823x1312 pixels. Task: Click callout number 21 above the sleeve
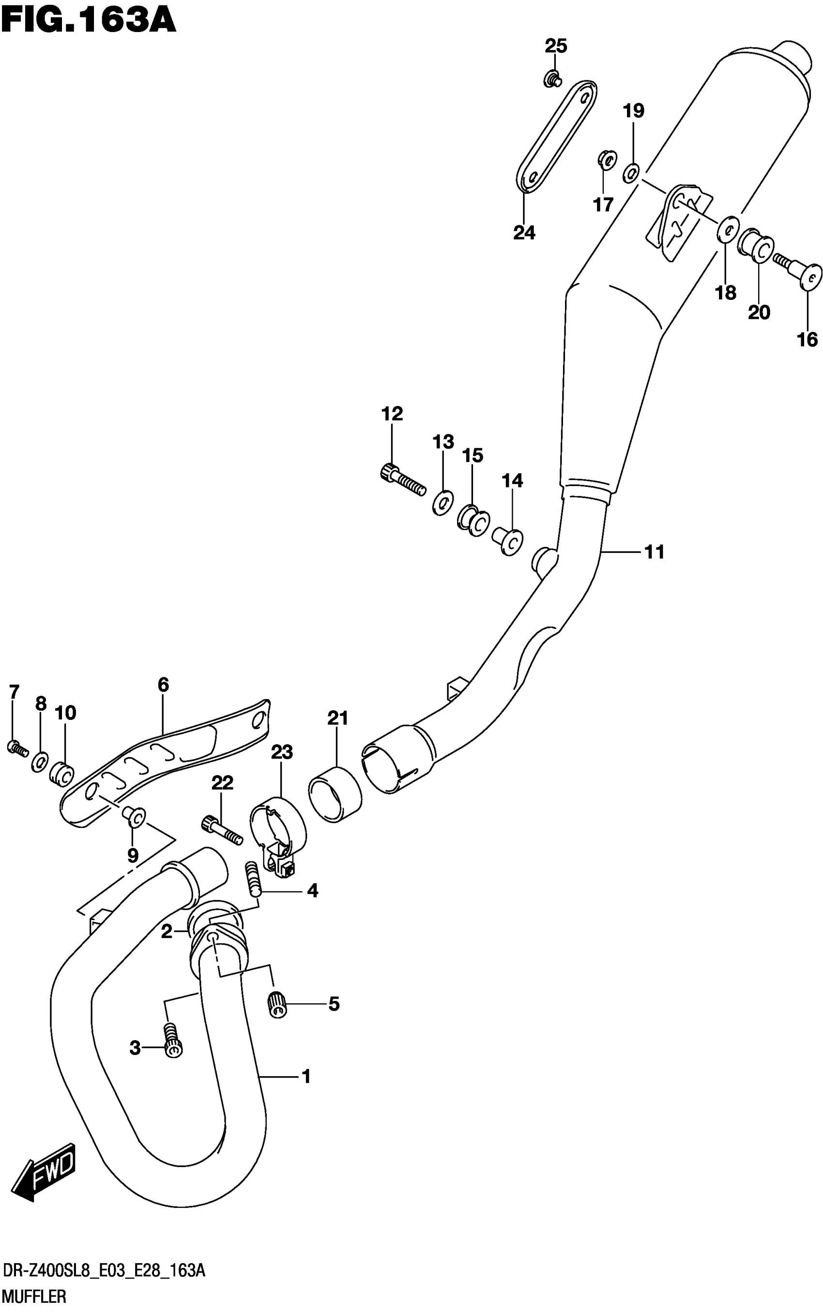point(337,718)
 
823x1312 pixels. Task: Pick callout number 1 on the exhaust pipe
point(306,1076)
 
